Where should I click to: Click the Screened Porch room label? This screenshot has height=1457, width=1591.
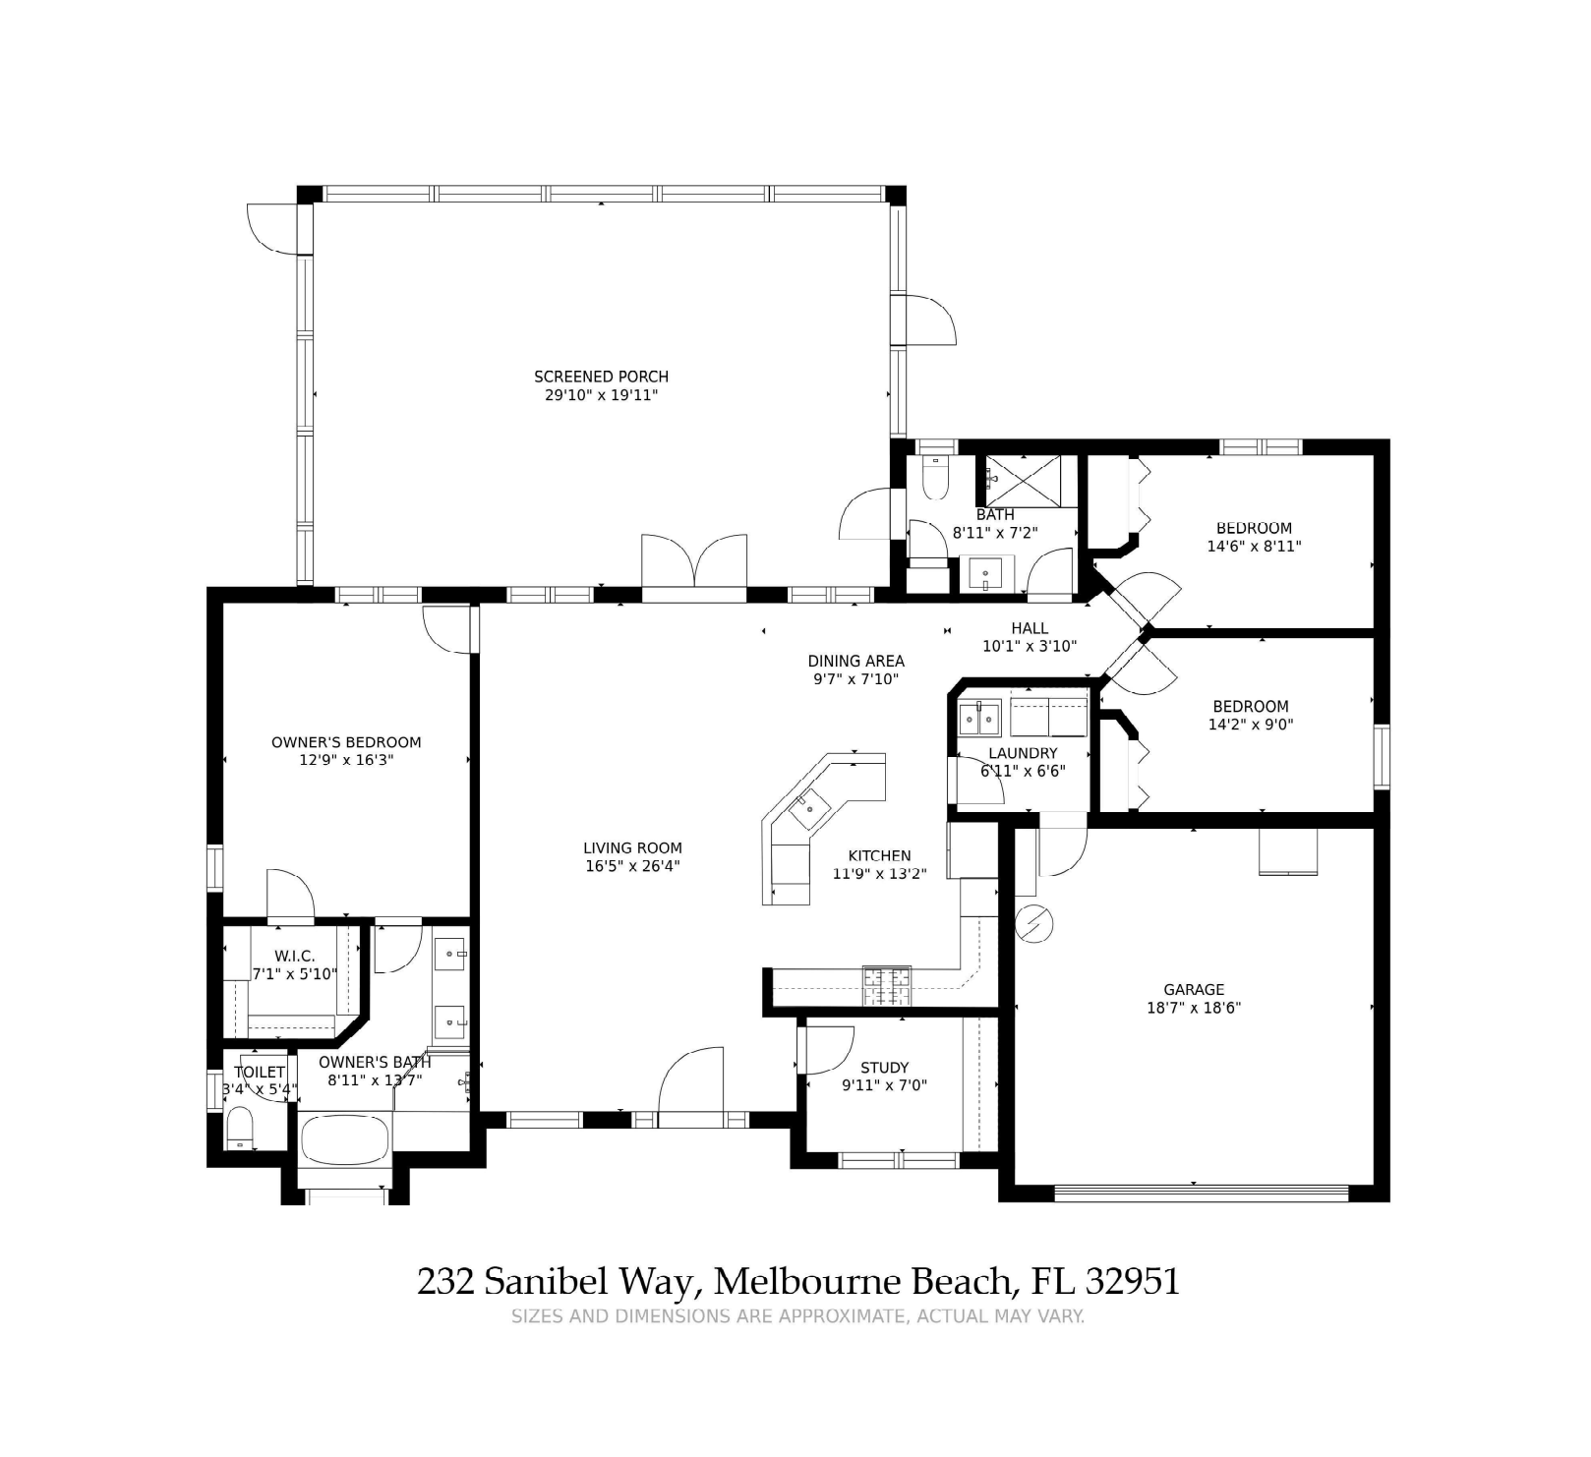601,377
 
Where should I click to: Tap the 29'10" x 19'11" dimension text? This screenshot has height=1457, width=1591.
601,395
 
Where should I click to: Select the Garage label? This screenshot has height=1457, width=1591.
1194,990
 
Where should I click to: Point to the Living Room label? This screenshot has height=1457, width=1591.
632,848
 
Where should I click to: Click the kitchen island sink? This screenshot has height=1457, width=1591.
810,808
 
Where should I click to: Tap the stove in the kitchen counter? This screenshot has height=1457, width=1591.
887,986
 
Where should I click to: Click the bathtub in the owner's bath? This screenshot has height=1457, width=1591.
344,1139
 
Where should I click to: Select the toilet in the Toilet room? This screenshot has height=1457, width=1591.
240,1128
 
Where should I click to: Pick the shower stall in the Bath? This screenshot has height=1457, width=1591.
1023,481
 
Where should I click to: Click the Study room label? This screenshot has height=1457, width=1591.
884,1068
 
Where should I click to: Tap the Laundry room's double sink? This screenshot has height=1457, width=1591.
979,719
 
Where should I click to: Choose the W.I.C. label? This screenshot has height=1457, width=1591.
295,957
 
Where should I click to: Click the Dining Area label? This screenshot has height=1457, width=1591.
855,662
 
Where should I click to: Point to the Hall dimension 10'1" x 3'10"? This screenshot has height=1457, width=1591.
1030,647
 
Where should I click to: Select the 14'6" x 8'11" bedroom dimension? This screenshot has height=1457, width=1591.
1254,547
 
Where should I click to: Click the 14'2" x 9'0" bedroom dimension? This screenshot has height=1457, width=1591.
1251,725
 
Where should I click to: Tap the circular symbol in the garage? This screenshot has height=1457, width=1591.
1033,923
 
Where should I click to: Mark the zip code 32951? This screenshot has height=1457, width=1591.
1133,1282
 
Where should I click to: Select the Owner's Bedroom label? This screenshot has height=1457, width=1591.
346,742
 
